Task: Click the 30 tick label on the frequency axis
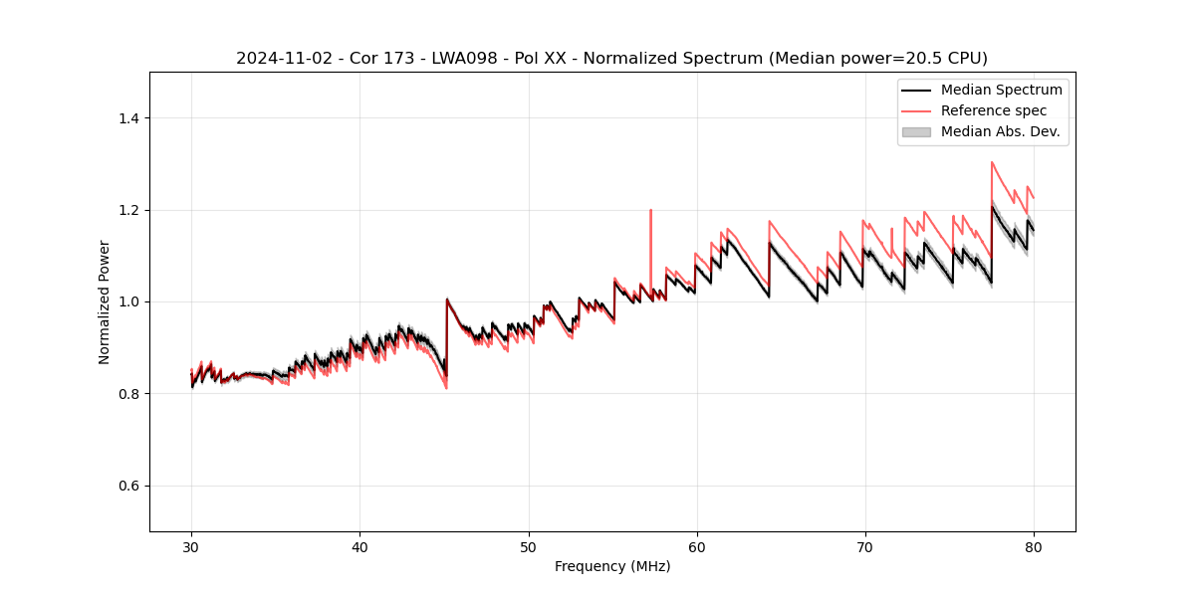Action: click(x=191, y=546)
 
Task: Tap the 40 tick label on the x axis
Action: click(x=359, y=546)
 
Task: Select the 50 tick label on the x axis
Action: click(x=528, y=546)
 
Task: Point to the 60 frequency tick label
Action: click(x=696, y=546)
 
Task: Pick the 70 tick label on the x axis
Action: click(x=864, y=546)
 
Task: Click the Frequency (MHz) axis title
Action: click(x=612, y=566)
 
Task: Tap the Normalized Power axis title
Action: click(x=105, y=301)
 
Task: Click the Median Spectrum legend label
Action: click(x=1001, y=90)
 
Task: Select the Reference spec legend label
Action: click(x=994, y=110)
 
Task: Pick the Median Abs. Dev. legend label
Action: click(x=1000, y=131)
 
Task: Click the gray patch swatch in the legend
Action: click(x=915, y=131)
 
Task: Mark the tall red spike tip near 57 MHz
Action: click(x=650, y=210)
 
